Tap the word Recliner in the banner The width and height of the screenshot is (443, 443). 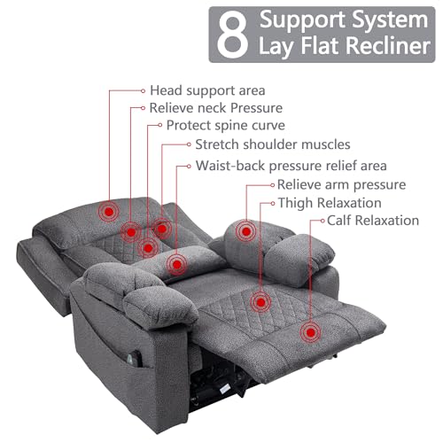pos(387,46)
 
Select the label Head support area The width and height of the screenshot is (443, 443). pos(207,90)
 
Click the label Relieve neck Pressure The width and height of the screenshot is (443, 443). pos(216,108)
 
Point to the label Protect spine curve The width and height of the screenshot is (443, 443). pos(226,125)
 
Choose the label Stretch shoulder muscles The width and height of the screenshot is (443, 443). pos(273,144)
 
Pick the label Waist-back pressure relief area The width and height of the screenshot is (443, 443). pos(291,166)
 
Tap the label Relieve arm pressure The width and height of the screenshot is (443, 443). pos(341,185)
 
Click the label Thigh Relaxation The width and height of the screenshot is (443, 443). pos(330,203)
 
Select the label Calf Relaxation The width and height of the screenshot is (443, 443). pos(373,221)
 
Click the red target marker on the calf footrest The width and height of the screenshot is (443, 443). pos(310,333)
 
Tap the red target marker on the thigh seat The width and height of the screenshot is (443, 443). pos(260,302)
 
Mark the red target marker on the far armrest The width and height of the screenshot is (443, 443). pos(246,231)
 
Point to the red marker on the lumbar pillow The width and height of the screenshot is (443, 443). pos(176,265)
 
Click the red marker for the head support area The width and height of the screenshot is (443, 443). pos(109,212)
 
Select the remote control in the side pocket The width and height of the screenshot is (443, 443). pos(135,358)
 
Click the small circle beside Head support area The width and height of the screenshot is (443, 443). pos(144,91)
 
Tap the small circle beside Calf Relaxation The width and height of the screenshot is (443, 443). pos(323,221)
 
